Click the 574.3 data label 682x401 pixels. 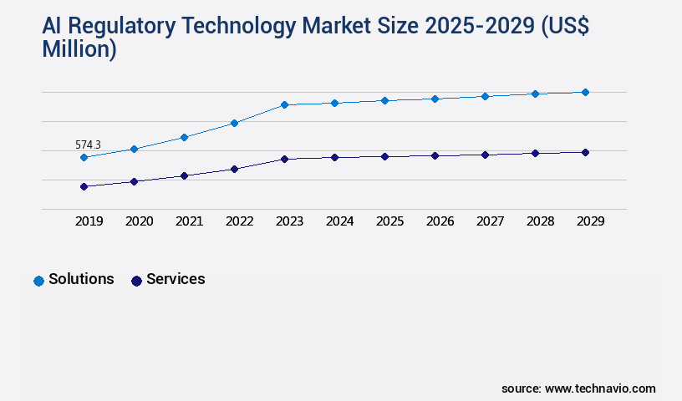point(88,145)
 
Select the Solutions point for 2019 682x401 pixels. point(84,157)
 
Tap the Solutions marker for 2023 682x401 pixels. point(284,104)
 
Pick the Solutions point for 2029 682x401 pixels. point(585,92)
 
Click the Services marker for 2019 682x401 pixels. point(84,186)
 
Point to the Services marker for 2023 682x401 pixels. point(284,159)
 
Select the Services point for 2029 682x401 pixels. point(585,152)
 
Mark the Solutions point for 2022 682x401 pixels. point(234,123)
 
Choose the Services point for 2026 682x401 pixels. point(435,155)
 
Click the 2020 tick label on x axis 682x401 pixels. point(139,221)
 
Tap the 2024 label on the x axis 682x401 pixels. point(339,221)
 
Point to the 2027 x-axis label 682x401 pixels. point(490,221)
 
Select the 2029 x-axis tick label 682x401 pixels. point(590,221)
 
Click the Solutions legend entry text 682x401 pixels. point(81,279)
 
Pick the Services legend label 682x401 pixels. point(176,279)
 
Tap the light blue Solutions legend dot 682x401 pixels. point(38,281)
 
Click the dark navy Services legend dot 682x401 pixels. point(136,281)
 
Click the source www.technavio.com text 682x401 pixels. point(578,388)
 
